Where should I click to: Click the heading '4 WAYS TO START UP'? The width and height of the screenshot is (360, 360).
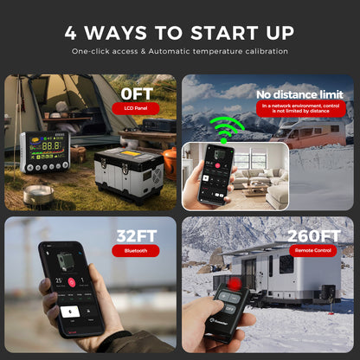click(180, 33)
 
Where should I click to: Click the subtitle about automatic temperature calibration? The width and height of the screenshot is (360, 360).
click(180, 53)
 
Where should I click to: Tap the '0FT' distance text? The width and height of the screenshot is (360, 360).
click(137, 92)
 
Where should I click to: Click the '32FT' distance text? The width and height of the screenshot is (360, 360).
click(136, 235)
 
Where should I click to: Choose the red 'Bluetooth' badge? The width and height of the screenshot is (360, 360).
click(136, 251)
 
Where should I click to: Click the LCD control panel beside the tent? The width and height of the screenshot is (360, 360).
click(43, 151)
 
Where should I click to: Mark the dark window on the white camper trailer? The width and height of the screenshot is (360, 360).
click(286, 264)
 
